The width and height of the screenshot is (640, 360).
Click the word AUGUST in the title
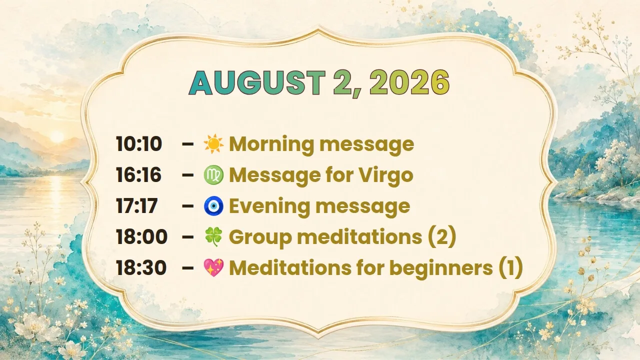[x=257, y=82]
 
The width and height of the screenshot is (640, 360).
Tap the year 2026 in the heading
[x=409, y=82]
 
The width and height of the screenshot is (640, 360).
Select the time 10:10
[x=139, y=143]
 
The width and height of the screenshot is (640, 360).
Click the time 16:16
[x=138, y=174]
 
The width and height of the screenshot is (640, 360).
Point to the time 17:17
[x=136, y=205]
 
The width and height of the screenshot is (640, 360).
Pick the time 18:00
[x=141, y=236]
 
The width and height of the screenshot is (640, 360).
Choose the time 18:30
[x=141, y=267]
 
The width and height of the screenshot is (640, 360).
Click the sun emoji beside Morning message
[x=213, y=143]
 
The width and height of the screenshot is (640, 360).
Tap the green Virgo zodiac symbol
[x=213, y=175]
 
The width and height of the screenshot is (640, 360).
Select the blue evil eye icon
[x=213, y=205]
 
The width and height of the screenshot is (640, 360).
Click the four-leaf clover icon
[x=213, y=236]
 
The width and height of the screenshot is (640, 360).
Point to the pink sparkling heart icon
[x=213, y=267]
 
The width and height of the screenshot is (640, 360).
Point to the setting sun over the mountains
[x=57, y=136]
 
